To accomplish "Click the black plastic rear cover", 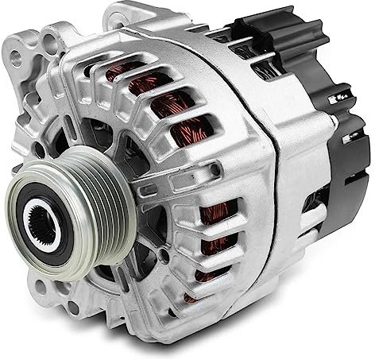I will (x=334, y=135).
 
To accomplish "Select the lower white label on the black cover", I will (x=350, y=139).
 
